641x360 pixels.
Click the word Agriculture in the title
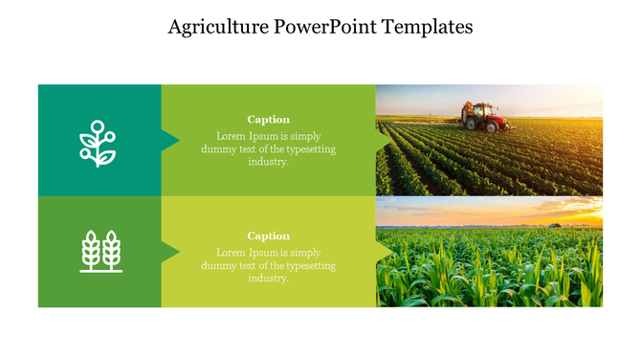218,27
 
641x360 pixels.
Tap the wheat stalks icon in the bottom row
100,251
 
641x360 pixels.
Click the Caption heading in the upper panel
268,120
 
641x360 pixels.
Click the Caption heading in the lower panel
268,236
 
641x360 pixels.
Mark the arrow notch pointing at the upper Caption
171,141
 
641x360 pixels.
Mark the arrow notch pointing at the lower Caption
171,252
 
